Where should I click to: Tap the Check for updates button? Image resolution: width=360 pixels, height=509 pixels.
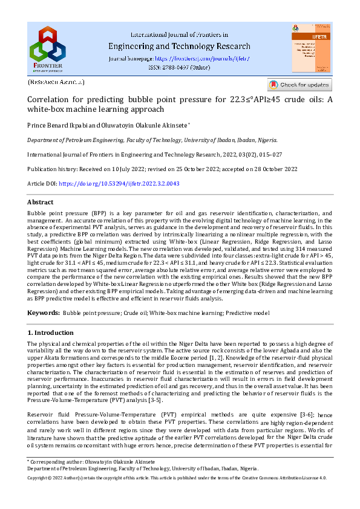[300, 85]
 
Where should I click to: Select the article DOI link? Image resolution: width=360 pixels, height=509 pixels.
[119, 183]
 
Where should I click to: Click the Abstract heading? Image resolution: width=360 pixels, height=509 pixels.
[41, 202]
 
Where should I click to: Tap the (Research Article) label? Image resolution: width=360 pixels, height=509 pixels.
[56, 82]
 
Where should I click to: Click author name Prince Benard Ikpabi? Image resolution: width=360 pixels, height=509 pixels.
[59, 125]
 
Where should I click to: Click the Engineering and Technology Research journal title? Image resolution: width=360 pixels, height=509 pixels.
[178, 47]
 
